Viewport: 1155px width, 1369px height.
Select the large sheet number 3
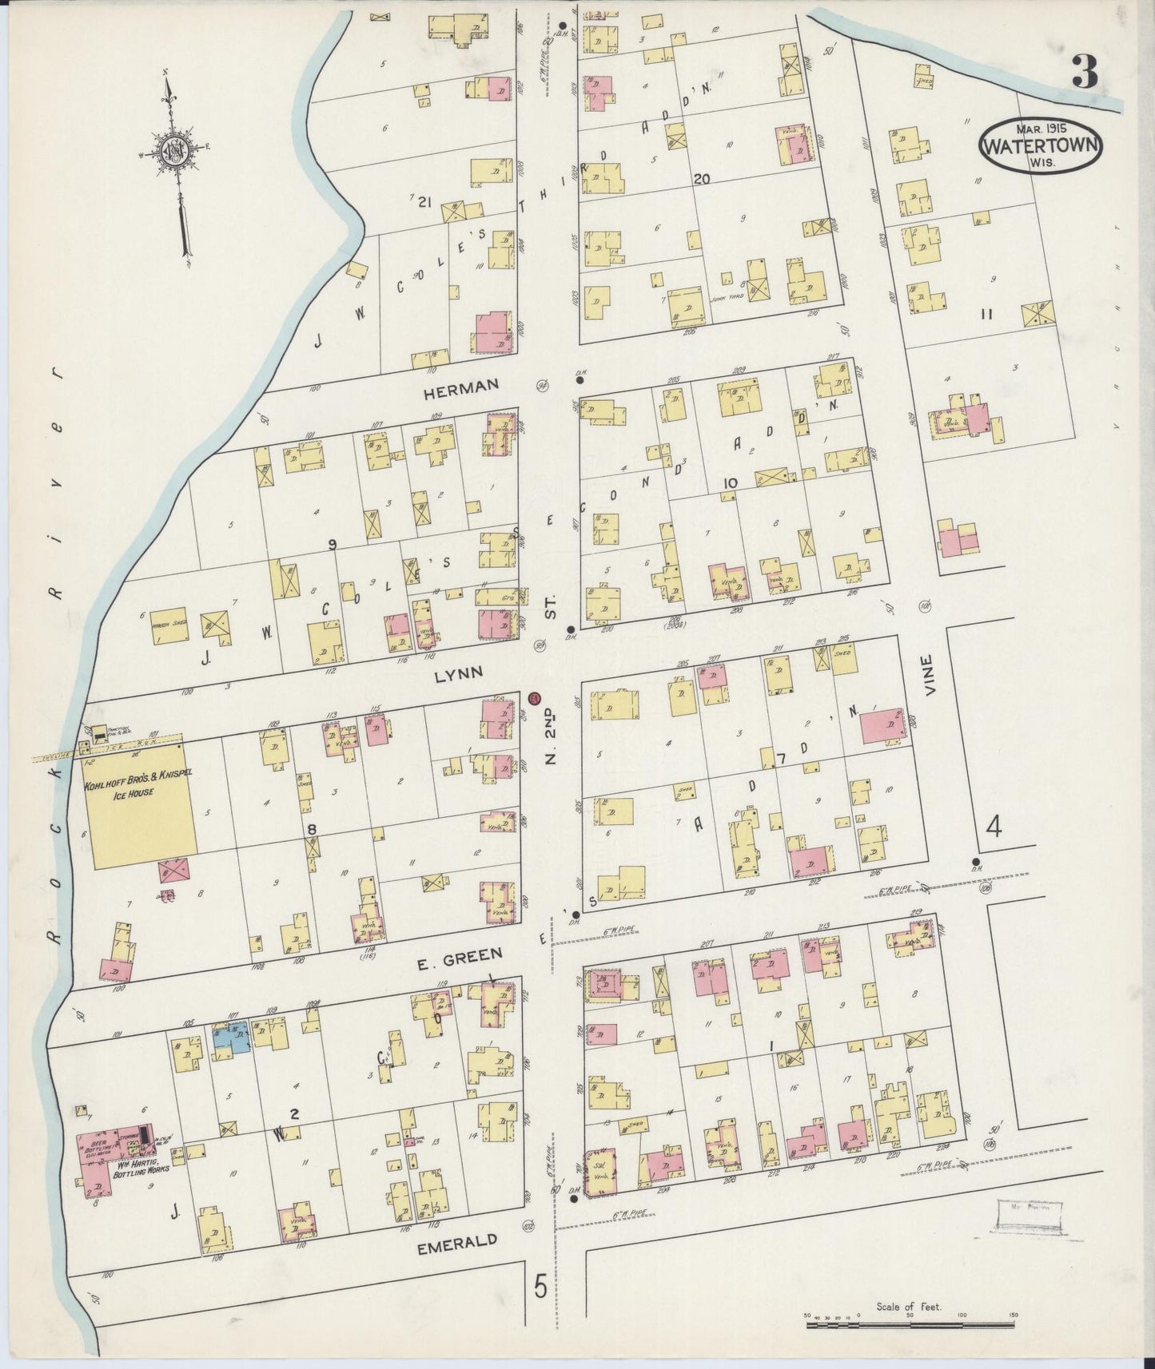click(x=1085, y=73)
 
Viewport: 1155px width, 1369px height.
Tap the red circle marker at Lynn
click(x=534, y=698)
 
